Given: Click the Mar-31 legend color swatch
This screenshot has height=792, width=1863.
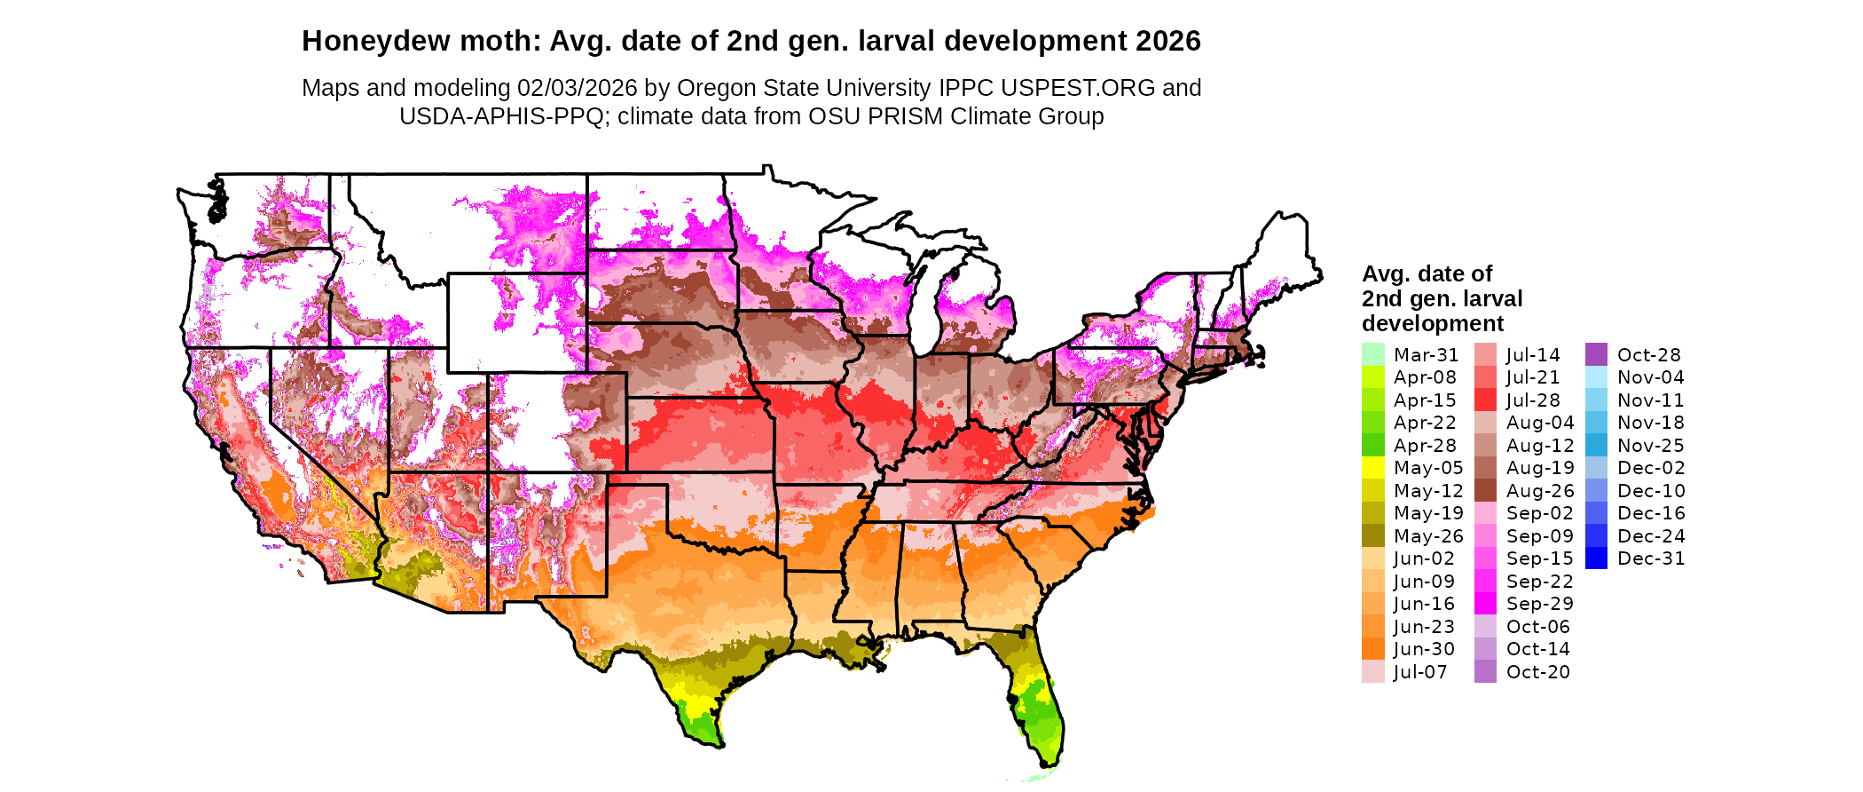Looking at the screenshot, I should tap(1372, 354).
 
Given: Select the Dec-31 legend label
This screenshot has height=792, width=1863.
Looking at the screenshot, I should tap(1650, 558).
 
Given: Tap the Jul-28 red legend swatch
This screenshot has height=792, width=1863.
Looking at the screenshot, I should tap(1485, 400).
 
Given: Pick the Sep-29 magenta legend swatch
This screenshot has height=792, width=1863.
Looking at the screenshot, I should tap(1485, 604).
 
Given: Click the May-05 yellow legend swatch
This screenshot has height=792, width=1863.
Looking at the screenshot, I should tap(1372, 468).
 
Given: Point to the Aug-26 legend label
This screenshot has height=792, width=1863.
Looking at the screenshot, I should tap(1540, 490).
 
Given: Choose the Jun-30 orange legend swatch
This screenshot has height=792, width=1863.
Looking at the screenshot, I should tap(1372, 649).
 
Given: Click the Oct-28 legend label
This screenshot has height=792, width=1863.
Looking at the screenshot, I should tap(1648, 354).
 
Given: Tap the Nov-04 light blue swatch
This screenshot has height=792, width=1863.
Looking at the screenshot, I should tap(1596, 377).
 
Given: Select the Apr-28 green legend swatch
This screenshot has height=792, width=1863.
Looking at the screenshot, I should tap(1372, 445).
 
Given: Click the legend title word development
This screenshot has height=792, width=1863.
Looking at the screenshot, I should tap(1433, 323).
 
